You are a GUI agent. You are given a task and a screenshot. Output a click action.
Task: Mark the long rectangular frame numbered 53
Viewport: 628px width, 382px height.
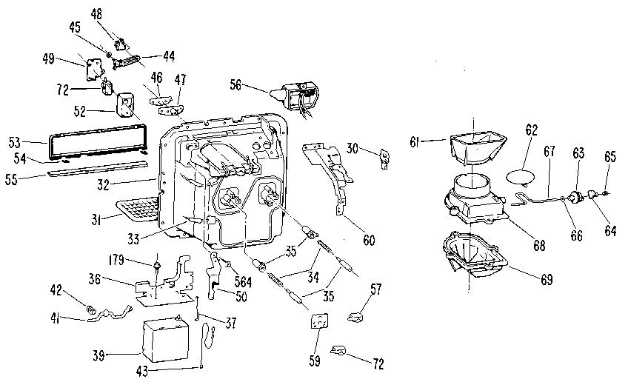(96, 143)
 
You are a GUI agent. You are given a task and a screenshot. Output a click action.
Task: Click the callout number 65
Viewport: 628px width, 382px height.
(610, 157)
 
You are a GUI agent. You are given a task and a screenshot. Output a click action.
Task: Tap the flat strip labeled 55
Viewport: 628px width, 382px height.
(96, 172)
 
